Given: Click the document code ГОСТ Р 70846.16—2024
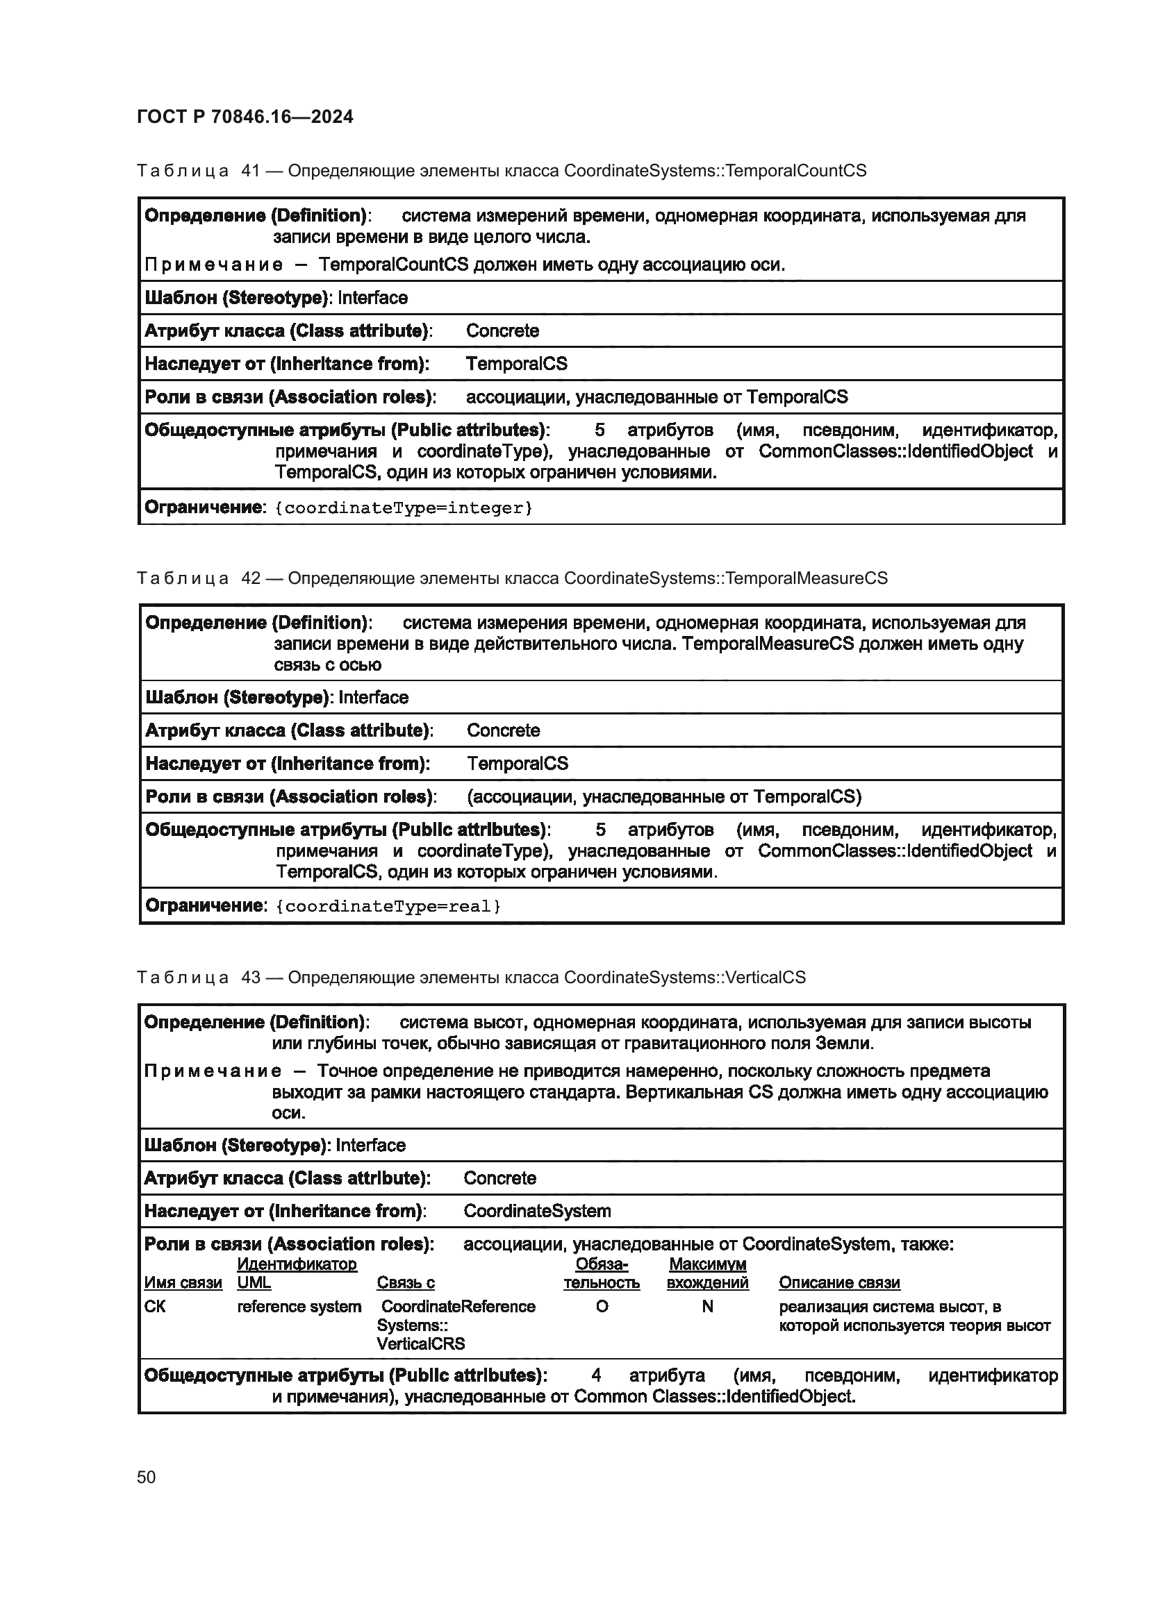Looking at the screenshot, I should point(245,117).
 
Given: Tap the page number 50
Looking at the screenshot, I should point(147,1477).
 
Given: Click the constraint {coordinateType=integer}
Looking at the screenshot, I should point(404,508).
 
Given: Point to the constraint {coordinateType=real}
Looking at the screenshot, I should point(388,906).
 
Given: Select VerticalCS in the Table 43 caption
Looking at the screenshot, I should point(766,977).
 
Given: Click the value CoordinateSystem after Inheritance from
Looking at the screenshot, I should point(537,1210).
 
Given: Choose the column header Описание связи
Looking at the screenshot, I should point(839,1282).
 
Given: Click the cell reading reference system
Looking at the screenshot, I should point(299,1307).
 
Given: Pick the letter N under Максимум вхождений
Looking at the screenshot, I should point(706,1307).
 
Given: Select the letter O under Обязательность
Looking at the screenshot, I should point(602,1307).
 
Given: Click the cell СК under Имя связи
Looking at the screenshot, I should point(154,1307).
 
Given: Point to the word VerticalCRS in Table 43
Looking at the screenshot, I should point(421,1343).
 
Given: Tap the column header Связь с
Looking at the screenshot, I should point(406,1282).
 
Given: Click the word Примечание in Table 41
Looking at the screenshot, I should point(214,265).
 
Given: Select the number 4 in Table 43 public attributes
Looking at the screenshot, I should point(596,1375).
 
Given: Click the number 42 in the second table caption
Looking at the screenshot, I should point(251,578).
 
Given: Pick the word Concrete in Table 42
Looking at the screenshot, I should point(503,730).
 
